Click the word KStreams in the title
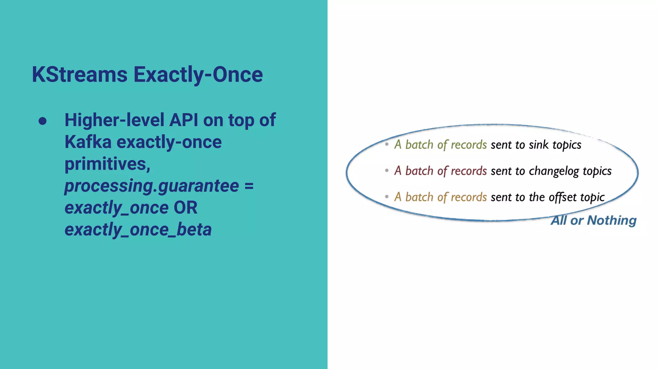[80, 75]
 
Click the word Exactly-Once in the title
[198, 75]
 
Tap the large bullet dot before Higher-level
[42, 121]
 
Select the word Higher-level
[115, 120]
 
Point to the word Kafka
[88, 142]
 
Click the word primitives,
[107, 164]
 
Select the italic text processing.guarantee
[152, 186]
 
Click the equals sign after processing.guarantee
[249, 186]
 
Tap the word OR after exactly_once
[185, 208]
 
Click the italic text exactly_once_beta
[138, 230]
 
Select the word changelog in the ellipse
[554, 171]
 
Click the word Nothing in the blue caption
[611, 220]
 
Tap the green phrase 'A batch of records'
[440, 145]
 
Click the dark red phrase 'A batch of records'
[440, 171]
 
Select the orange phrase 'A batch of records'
[440, 197]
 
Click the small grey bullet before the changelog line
[387, 171]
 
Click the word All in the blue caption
[559, 220]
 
